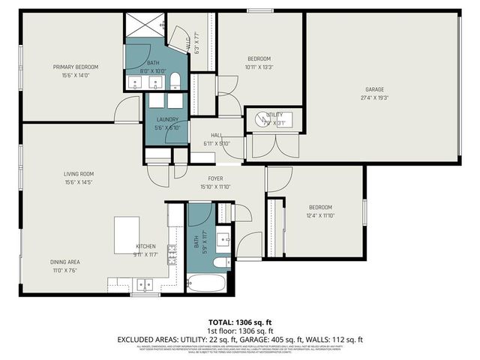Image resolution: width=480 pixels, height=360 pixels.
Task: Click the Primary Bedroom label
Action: click(75, 67)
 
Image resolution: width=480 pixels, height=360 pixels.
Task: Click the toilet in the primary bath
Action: click(174, 80)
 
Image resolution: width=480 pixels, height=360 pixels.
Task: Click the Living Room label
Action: click(78, 174)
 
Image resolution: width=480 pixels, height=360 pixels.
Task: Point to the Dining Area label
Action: click(65, 262)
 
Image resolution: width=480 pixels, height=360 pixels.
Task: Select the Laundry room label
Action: click(166, 120)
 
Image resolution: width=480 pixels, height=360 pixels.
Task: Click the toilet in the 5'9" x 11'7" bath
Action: click(221, 262)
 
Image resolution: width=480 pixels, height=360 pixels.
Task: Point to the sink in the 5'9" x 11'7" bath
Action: click(223, 239)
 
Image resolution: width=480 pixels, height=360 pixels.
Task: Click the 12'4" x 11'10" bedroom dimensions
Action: click(320, 215)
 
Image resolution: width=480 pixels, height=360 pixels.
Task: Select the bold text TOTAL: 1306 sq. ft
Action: click(240, 322)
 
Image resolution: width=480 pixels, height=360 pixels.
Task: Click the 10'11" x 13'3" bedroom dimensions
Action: click(259, 67)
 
